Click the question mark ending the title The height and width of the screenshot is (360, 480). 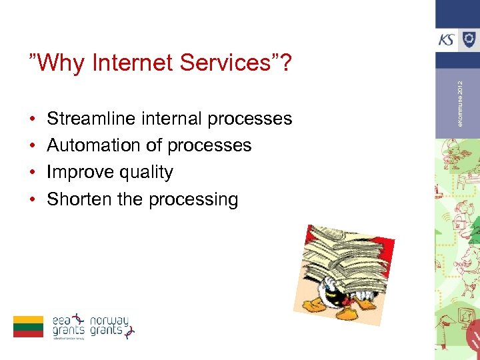coord(286,63)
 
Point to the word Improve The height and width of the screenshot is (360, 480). coord(79,172)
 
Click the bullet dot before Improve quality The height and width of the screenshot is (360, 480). coord(33,173)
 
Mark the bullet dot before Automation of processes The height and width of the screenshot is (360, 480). coord(33,146)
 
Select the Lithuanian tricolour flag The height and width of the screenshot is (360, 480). coord(28,327)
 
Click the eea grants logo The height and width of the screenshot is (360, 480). coord(69,326)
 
